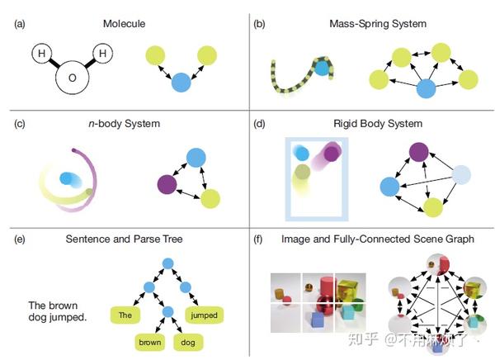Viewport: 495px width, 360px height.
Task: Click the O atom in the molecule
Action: point(73,78)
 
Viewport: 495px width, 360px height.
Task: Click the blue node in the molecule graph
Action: point(181,83)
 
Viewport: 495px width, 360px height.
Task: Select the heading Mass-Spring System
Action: point(378,24)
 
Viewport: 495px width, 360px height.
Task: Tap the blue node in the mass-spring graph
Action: point(427,88)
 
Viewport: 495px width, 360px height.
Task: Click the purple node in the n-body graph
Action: point(167,184)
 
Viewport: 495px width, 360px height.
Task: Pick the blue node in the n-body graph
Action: point(196,158)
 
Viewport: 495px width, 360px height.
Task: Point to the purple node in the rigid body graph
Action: point(418,152)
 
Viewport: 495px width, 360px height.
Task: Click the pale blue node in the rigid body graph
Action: point(461,174)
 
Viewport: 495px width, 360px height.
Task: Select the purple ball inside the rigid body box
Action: point(332,154)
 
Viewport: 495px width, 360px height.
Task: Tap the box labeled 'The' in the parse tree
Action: point(125,315)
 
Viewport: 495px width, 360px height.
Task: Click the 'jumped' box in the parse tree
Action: point(204,315)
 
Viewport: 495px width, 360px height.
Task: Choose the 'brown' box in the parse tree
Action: point(150,343)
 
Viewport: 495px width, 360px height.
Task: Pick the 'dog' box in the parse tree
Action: point(188,343)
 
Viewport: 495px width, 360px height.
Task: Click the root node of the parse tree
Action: point(168,263)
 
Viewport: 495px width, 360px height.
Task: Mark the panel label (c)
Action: point(20,124)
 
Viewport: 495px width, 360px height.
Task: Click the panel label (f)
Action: point(258,239)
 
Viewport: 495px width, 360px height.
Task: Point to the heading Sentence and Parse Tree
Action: point(124,239)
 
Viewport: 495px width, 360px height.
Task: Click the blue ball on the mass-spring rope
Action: point(322,69)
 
